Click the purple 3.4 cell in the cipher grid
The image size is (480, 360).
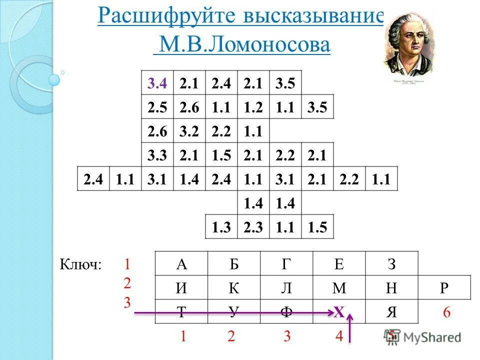(157, 83)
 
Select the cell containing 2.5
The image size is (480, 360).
(157, 108)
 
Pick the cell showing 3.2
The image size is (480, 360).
(189, 132)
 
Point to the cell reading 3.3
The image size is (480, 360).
(157, 156)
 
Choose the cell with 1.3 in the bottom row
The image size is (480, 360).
(221, 227)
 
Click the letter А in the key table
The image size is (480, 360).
(181, 263)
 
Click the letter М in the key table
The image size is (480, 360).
(339, 288)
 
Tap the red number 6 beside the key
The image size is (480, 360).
(446, 313)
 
